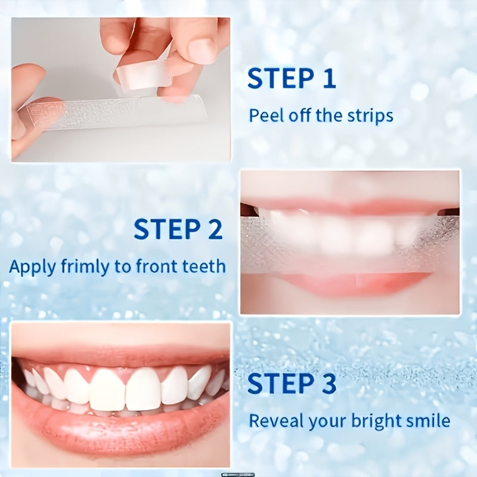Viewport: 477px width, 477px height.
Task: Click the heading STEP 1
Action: point(292,79)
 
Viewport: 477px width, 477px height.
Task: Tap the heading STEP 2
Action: point(178,229)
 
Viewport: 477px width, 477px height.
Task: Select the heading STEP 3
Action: point(292,383)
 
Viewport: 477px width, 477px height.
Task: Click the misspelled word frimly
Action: point(85,267)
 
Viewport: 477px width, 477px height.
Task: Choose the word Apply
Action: point(33,267)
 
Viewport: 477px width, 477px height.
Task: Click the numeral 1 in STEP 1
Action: point(330,79)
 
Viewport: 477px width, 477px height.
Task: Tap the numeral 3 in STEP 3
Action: point(329,383)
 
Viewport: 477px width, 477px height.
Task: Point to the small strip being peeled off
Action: point(144,76)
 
